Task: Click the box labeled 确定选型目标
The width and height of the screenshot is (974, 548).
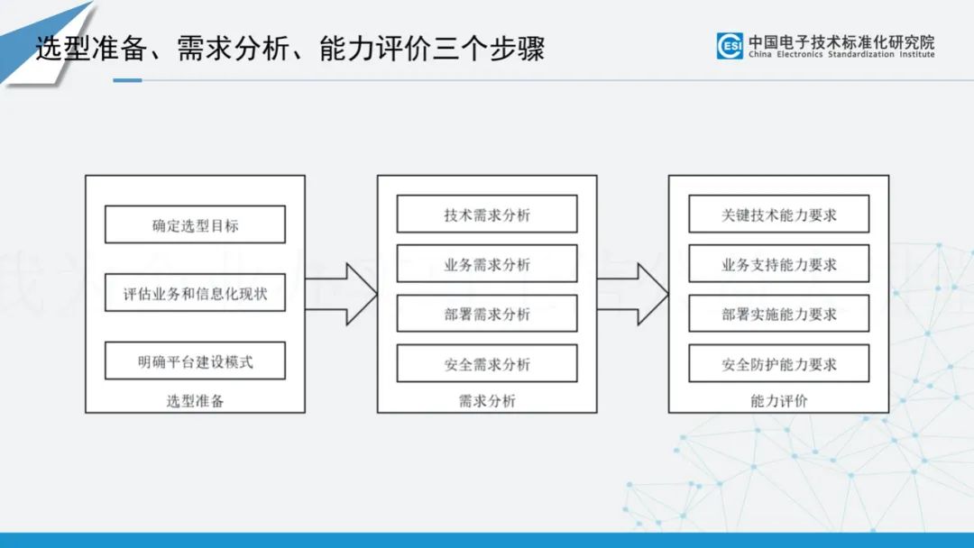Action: (x=195, y=224)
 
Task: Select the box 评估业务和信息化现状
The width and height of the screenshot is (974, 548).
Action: (x=195, y=293)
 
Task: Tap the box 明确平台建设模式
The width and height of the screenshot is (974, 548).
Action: (x=195, y=361)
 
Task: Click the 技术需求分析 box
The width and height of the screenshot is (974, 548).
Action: (x=487, y=215)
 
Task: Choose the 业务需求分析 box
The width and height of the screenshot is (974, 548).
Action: (x=487, y=263)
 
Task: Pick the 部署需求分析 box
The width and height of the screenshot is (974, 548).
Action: (x=487, y=314)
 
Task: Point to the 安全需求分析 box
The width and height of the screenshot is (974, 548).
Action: (x=487, y=363)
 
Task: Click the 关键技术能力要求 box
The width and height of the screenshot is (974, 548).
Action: (x=778, y=215)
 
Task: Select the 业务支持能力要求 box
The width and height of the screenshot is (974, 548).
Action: (x=778, y=263)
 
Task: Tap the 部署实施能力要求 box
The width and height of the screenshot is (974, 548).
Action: (x=778, y=314)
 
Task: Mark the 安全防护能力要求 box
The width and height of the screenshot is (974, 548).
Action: (x=778, y=363)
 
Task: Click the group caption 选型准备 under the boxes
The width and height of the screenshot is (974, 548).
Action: (x=195, y=401)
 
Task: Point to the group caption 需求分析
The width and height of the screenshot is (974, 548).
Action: (x=487, y=401)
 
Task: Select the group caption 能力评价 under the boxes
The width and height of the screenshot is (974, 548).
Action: (x=778, y=401)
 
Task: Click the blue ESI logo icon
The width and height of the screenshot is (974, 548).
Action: (x=730, y=46)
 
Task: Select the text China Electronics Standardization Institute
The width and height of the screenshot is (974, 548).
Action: (x=841, y=55)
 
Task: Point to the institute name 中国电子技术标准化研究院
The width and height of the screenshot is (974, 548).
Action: (x=841, y=41)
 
